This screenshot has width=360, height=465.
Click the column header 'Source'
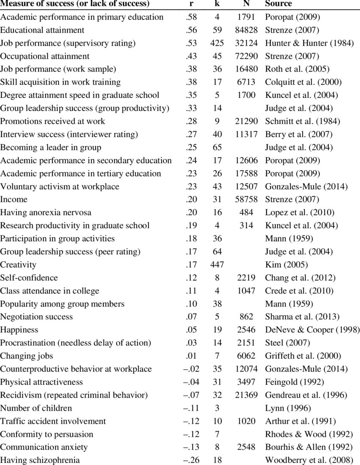[278, 4]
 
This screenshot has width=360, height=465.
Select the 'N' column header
[246, 4]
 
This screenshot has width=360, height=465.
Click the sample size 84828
[246, 30]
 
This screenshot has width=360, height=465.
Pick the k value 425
[217, 43]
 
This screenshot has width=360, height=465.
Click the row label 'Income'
[14, 199]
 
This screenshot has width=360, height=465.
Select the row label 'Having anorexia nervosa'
[45, 213]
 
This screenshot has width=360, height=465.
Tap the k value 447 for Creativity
[217, 265]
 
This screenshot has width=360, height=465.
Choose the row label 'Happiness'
[19, 330]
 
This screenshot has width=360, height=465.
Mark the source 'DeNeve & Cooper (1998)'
[312, 330]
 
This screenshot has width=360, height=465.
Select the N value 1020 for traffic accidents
[246, 421]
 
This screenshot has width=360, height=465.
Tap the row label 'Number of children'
[36, 408]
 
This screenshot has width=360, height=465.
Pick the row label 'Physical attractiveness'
[42, 382]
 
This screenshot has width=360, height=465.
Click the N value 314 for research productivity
[246, 226]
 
